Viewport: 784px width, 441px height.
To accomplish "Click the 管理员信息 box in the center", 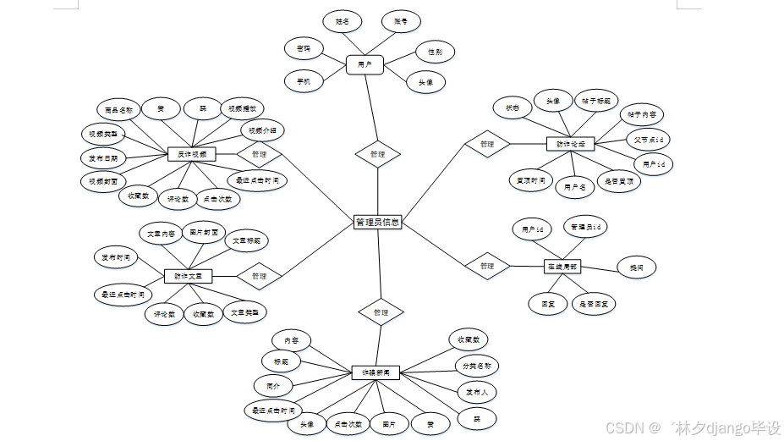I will pos(377,223).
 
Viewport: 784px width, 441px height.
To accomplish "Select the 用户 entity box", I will pos(365,63).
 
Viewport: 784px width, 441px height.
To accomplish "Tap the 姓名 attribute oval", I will pos(343,20).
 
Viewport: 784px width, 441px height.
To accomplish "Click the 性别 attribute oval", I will pos(435,52).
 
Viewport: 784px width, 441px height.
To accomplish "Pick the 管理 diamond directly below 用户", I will pos(377,154).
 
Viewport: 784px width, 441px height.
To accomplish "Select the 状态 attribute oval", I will pos(513,107).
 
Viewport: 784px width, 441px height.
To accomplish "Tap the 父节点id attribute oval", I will pos(650,138).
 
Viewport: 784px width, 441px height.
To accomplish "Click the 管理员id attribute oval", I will pos(585,227).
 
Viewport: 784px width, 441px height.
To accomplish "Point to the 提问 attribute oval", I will pos(636,267).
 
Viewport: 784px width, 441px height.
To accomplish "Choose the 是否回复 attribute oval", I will pos(595,303).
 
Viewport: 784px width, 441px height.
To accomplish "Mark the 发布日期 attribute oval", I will pos(104,157).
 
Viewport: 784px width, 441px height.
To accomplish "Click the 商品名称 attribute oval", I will pos(119,110).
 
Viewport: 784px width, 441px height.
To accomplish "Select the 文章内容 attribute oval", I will pos(161,234).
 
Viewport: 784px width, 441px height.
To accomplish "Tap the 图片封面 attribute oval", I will pos(204,232).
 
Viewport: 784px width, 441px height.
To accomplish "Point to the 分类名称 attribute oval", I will pos(477,367).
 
